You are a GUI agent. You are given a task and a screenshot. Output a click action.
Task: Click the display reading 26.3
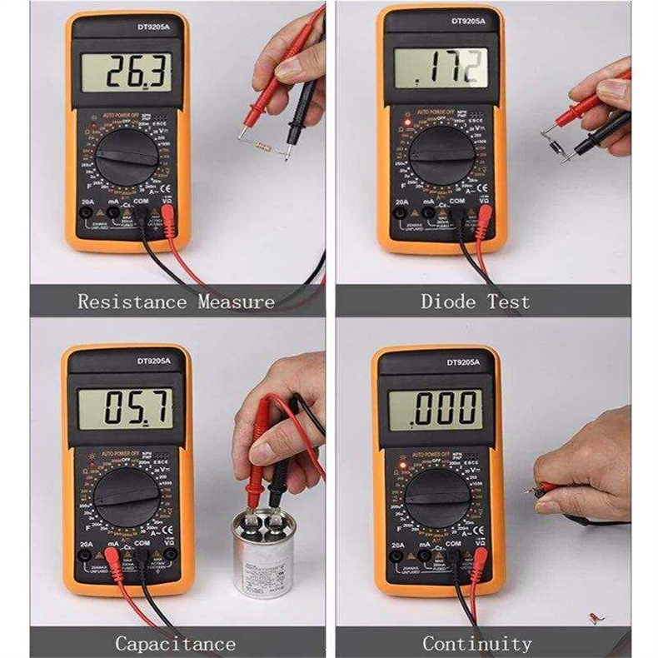pyautogui.click(x=129, y=72)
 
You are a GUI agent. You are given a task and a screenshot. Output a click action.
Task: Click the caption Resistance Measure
pyautogui.click(x=176, y=302)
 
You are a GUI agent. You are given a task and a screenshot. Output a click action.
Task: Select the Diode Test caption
pyautogui.click(x=475, y=302)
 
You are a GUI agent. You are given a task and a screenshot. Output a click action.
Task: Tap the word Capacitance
pyautogui.click(x=175, y=643)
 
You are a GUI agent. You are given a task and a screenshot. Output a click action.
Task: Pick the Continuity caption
pyautogui.click(x=476, y=643)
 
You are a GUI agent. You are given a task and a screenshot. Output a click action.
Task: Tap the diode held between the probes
pyautogui.click(x=555, y=137)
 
